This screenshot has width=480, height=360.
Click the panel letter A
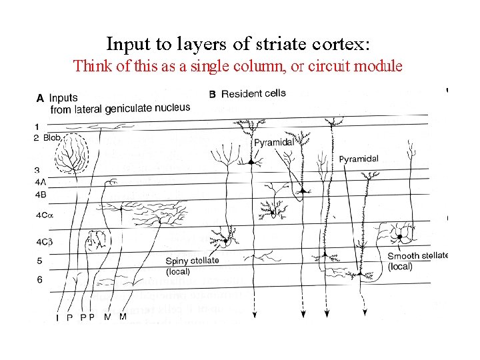[x=40, y=98]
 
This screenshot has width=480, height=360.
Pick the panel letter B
[x=212, y=94]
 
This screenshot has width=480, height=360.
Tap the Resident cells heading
[x=253, y=93]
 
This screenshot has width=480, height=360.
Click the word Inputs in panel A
[x=64, y=98]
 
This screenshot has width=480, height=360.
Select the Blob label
[x=52, y=138]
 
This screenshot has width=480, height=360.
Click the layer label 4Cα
[x=42, y=215]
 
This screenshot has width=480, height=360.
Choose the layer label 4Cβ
[x=42, y=242]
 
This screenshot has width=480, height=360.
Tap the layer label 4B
[x=40, y=194]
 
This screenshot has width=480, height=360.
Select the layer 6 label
[x=39, y=280]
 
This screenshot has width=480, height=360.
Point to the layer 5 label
[x=39, y=261]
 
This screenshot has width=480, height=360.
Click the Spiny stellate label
[x=192, y=261]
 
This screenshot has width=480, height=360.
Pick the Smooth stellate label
[x=417, y=255]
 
